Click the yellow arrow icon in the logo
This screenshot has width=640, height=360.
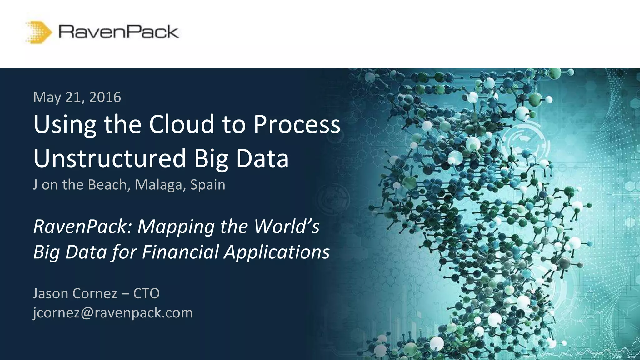[x=39, y=32]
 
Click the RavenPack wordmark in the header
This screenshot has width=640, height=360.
[x=118, y=32]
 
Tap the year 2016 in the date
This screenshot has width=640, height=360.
[x=105, y=97]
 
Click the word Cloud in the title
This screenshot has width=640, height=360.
[x=182, y=124]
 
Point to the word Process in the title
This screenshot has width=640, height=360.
[x=297, y=124]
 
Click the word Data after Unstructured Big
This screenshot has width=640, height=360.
[x=262, y=158]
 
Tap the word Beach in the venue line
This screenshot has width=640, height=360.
[x=107, y=185]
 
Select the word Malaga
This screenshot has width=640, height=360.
[x=159, y=185]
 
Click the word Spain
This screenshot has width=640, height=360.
[x=208, y=185]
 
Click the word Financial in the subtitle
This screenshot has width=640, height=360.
[x=180, y=252]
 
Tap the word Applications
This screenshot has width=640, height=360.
[x=277, y=252]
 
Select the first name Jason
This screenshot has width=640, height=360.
[x=50, y=293]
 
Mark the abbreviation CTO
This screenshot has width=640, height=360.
[x=146, y=293]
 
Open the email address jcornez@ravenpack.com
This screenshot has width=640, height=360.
[x=113, y=313]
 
